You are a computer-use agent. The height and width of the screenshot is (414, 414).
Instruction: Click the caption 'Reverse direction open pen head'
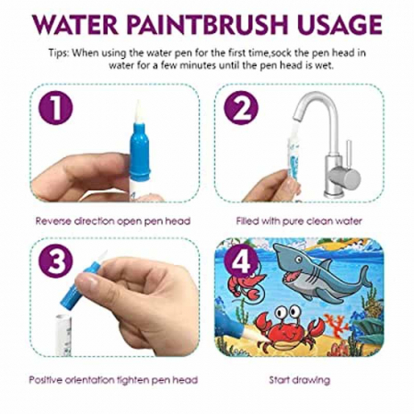tap(101, 221)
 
